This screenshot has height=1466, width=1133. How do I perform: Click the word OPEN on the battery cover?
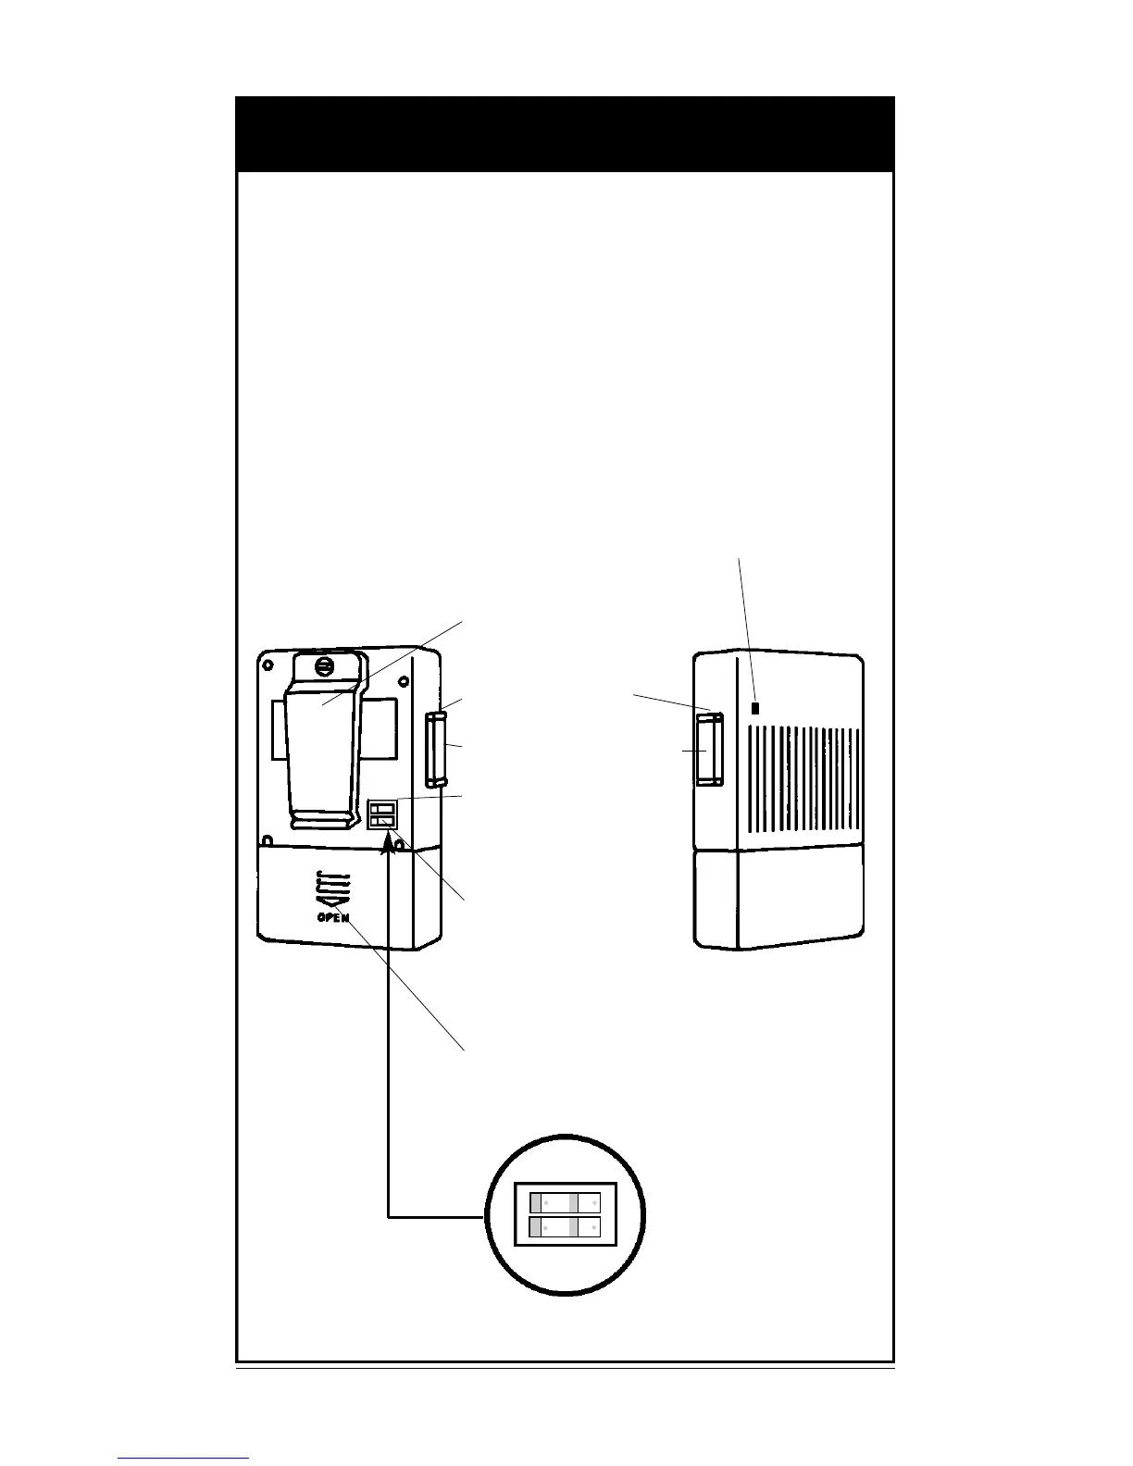click(333, 917)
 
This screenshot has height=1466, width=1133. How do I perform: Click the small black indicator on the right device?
click(756, 708)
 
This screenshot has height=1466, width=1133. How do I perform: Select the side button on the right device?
click(709, 749)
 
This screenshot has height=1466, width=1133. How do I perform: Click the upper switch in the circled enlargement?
click(565, 1203)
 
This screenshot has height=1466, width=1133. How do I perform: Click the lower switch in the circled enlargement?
click(565, 1227)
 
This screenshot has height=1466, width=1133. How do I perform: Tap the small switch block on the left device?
click(382, 814)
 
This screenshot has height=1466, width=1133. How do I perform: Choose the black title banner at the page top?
click(565, 134)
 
